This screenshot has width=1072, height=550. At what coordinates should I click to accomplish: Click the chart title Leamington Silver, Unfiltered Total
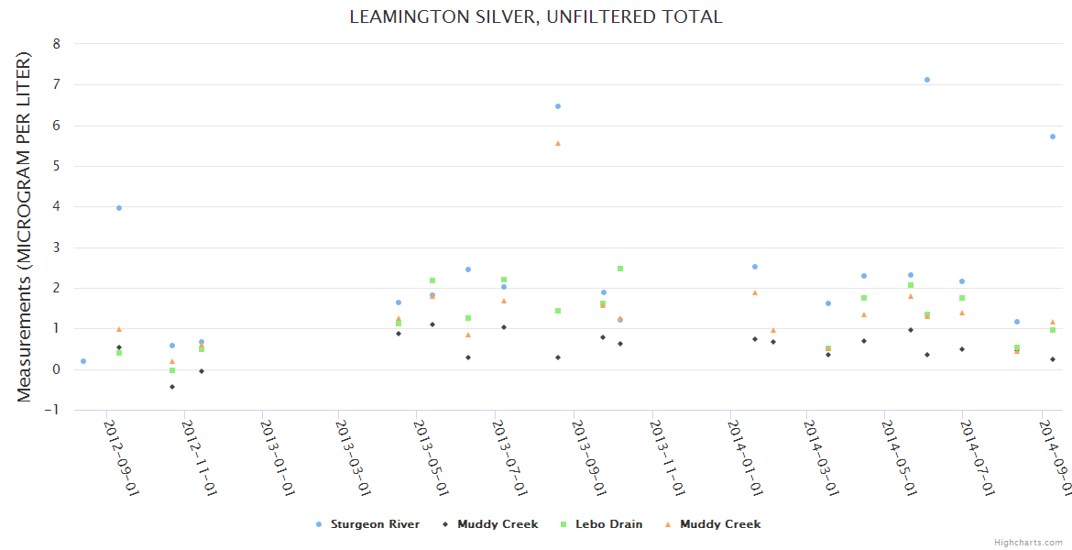click(x=535, y=17)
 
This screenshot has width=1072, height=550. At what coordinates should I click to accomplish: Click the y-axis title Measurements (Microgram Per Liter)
click(x=25, y=226)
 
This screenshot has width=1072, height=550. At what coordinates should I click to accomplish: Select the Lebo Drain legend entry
click(x=608, y=524)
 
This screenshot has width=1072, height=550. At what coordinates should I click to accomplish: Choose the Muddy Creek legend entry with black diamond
click(x=498, y=524)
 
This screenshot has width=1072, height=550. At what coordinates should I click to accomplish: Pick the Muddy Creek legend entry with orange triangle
click(x=719, y=524)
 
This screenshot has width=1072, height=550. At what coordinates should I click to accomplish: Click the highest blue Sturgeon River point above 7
click(x=927, y=80)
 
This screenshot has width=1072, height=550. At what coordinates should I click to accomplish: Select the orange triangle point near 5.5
click(x=557, y=143)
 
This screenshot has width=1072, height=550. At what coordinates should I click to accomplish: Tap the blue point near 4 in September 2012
click(x=119, y=208)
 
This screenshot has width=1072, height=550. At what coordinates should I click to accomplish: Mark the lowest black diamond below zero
click(x=172, y=387)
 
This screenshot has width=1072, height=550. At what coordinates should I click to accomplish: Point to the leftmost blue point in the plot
click(x=83, y=361)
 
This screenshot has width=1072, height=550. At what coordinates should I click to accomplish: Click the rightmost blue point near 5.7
click(x=1053, y=137)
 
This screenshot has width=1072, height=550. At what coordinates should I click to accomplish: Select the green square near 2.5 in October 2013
click(x=620, y=269)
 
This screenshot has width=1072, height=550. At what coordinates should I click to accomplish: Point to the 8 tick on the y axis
click(x=57, y=44)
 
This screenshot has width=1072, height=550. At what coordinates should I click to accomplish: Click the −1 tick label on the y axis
click(x=54, y=410)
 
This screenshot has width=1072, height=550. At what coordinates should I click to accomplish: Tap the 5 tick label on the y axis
click(x=57, y=166)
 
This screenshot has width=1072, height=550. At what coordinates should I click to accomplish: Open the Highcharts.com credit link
click(x=1029, y=543)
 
